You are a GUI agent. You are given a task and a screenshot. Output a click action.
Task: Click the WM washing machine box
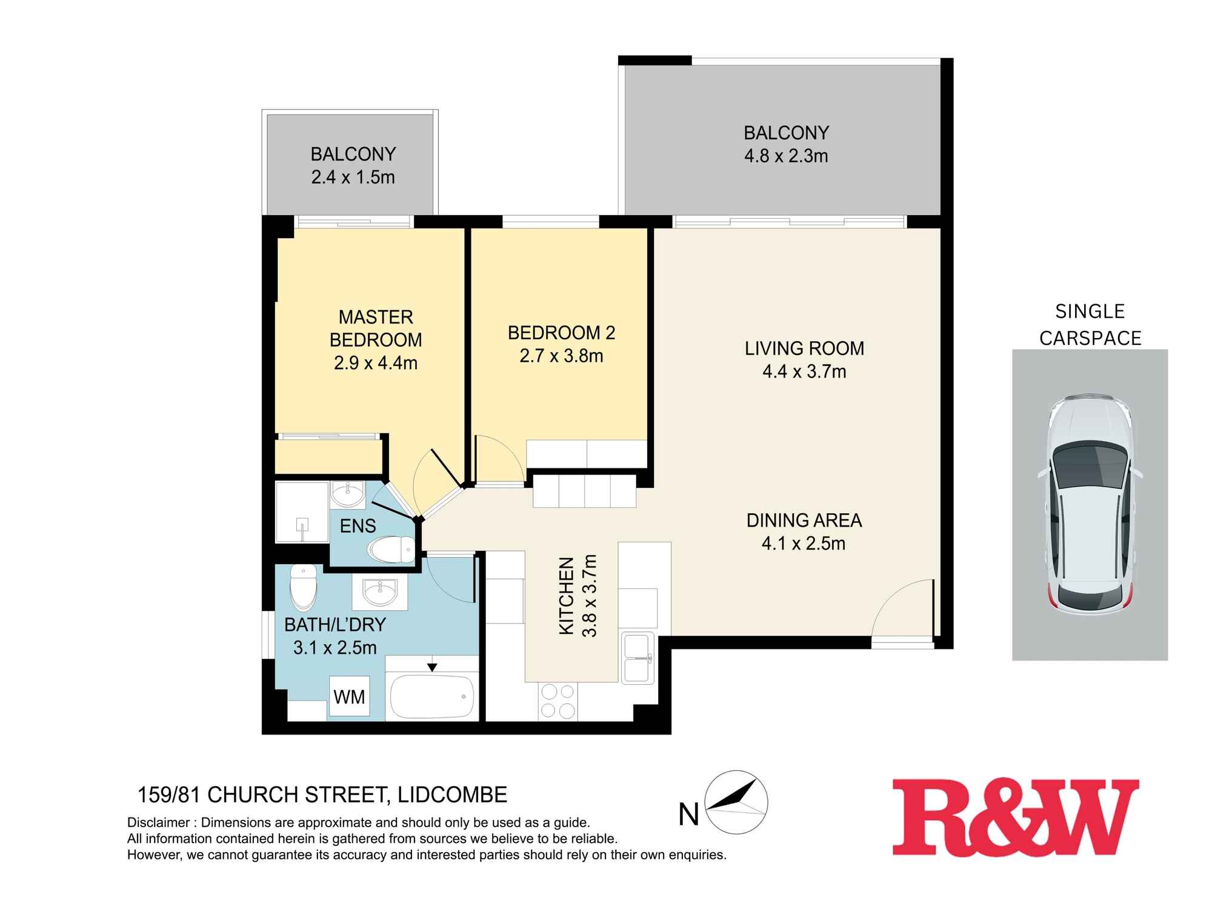[x=349, y=696]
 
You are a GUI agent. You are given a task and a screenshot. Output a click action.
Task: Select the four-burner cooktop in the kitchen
[x=558, y=701]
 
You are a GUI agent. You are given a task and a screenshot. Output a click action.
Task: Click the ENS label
[x=358, y=526]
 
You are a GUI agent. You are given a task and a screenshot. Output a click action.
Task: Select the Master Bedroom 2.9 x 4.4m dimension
[x=375, y=363]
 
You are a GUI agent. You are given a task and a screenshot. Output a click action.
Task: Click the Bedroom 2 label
[x=561, y=333]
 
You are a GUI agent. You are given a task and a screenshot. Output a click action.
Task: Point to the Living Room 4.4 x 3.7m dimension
[x=804, y=371]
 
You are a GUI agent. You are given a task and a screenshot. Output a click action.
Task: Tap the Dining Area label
[x=804, y=520]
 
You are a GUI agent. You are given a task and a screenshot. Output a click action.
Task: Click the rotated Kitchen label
[x=566, y=596]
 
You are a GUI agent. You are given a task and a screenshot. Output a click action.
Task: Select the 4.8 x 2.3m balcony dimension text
[x=786, y=156]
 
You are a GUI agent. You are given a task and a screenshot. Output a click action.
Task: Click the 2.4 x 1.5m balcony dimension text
[x=353, y=177]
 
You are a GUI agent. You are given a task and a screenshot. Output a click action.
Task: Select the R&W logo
[x=1015, y=817]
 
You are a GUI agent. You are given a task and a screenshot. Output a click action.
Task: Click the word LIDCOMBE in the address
[x=452, y=794]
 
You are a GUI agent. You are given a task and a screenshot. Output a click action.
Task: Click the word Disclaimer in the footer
[x=158, y=823]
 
